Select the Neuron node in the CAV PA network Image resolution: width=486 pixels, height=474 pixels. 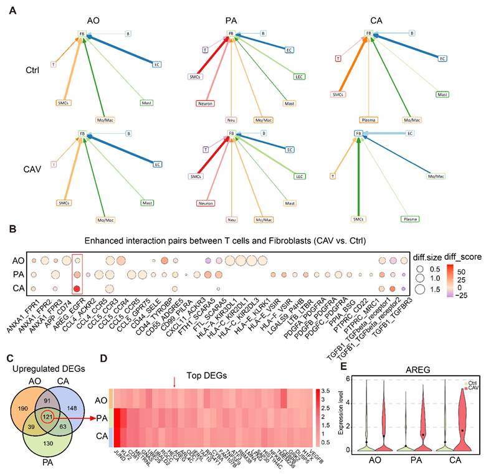[205, 202]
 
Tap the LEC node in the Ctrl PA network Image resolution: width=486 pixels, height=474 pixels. [300, 77]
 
